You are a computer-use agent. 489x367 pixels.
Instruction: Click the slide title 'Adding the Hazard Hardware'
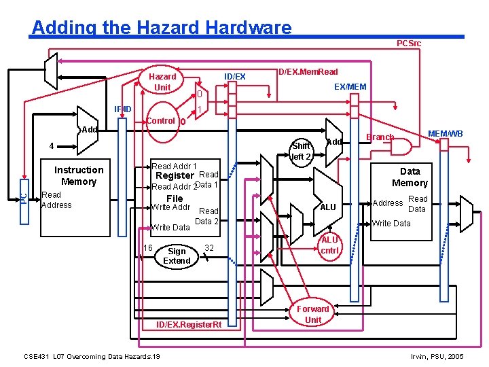click(x=162, y=27)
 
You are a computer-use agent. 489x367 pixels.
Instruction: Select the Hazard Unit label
click(x=162, y=82)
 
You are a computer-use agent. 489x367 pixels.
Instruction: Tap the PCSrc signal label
click(x=409, y=43)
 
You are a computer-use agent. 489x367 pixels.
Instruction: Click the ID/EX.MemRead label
click(x=308, y=71)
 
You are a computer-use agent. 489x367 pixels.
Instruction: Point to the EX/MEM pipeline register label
click(x=350, y=86)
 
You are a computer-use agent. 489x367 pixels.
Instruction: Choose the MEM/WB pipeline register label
click(x=446, y=134)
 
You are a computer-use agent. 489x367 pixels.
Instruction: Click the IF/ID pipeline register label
click(x=123, y=109)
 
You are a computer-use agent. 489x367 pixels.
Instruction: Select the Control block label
click(x=161, y=121)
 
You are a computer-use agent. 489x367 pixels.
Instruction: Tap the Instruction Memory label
click(x=79, y=175)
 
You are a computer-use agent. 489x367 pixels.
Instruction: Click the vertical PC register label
click(x=23, y=198)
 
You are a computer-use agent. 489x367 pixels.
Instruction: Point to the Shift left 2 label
click(x=301, y=151)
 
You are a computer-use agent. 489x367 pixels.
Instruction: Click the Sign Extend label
click(x=177, y=256)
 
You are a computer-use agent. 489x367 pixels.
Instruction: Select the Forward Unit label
click(x=313, y=314)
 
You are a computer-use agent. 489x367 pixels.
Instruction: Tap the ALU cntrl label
click(x=329, y=245)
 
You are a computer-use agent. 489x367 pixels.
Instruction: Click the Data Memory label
click(x=410, y=177)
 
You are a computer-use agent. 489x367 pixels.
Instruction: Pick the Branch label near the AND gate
click(x=380, y=137)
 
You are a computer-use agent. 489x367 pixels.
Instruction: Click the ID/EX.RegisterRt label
click(x=189, y=325)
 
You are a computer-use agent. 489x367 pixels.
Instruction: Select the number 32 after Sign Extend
click(x=209, y=248)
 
